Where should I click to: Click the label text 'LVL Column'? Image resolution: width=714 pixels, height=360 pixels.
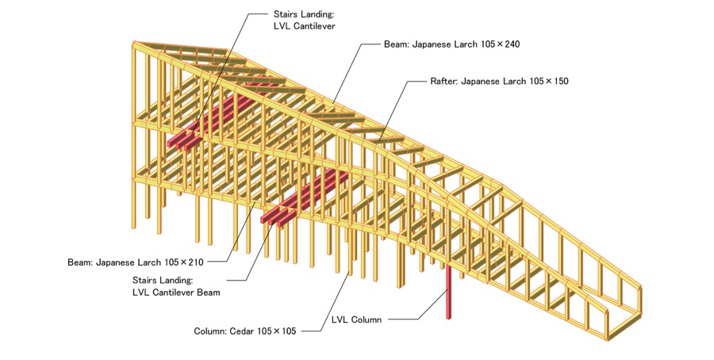point(356,320)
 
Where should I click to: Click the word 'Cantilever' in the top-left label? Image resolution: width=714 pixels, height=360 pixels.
point(312,27)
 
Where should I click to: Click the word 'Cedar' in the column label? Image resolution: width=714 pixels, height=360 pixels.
point(242,331)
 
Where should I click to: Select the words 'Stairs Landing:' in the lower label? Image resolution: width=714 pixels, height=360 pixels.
point(162,280)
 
